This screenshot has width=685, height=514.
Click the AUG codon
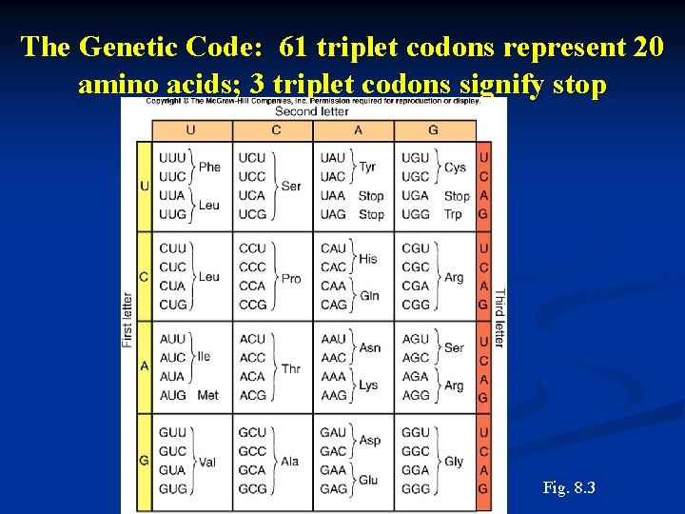point(173,395)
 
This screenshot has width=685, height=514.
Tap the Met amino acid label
point(207,395)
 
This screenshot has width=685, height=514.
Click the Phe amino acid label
point(209,167)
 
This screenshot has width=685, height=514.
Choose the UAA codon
point(333,196)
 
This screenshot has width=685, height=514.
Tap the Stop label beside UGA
point(457,196)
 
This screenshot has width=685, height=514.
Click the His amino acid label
point(367,258)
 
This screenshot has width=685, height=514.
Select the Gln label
point(368,296)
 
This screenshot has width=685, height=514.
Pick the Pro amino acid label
point(291,278)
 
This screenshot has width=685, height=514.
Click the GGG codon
point(416,488)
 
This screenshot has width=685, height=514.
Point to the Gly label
point(454,461)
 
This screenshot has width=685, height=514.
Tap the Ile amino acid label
point(204,356)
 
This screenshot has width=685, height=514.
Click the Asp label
point(369,441)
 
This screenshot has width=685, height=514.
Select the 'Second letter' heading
point(312,111)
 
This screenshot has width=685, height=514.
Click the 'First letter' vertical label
point(127,319)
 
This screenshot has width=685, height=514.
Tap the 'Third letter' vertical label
point(499,319)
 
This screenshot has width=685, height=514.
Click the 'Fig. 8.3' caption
point(569,488)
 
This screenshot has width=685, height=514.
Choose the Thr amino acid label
point(291,368)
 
